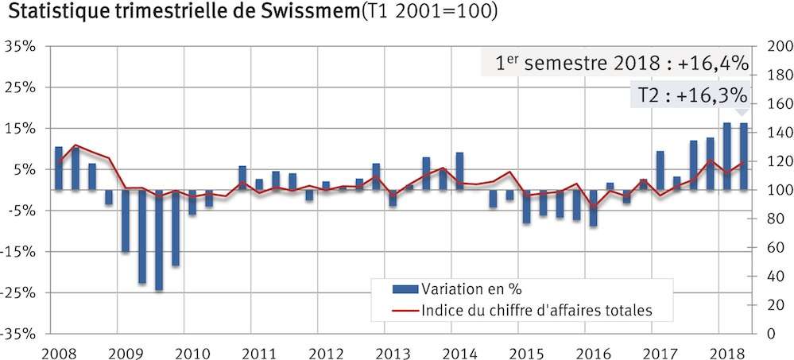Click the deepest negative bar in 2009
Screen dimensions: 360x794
[159, 240]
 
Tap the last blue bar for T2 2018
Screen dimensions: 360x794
[744, 157]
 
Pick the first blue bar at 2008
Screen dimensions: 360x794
[59, 168]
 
